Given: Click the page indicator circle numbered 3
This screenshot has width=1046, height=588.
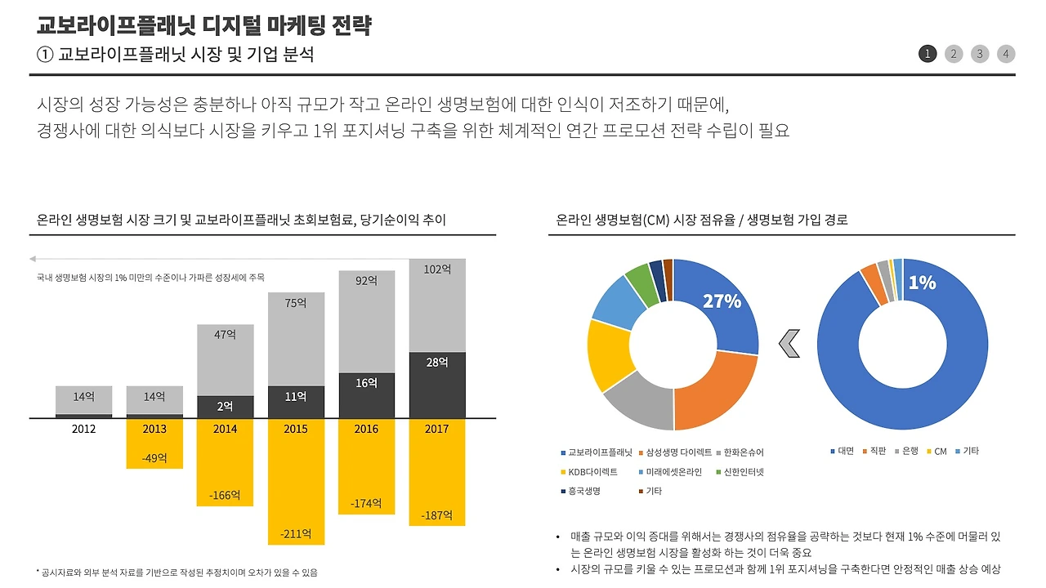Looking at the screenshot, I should click(x=980, y=54).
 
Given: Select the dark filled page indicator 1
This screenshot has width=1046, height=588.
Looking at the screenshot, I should click(x=928, y=54).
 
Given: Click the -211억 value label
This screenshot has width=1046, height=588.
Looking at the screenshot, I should click(x=295, y=534).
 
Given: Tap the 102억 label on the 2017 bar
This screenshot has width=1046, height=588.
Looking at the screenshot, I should click(x=437, y=269).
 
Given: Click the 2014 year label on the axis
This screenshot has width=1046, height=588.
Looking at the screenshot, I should click(x=225, y=429).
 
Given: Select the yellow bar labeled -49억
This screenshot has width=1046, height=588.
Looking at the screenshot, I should click(x=154, y=445).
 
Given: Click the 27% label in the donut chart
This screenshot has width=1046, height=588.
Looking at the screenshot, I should click(x=722, y=301).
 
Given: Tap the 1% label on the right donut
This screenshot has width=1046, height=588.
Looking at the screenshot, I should click(x=922, y=283).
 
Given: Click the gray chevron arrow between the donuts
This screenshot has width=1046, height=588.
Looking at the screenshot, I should click(x=789, y=344).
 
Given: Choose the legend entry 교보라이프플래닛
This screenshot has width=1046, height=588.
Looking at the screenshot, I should click(x=596, y=452).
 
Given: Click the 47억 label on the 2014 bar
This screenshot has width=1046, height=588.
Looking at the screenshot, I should click(x=225, y=334).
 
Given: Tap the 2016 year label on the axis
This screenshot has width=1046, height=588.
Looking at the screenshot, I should click(x=366, y=429).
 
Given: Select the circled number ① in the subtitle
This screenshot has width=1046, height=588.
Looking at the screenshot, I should click(x=45, y=54).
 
